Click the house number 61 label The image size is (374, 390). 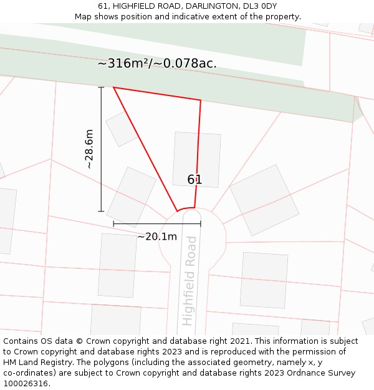coord(194,180)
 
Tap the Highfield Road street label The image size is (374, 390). coord(189,281)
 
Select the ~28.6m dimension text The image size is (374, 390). coord(89,149)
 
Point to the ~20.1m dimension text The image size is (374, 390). coord(157,236)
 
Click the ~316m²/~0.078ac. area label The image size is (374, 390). coord(157,64)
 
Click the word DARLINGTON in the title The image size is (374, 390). coord(209,6)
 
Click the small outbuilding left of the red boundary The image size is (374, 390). coord(121,129)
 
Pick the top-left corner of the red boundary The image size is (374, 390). coord(113,87)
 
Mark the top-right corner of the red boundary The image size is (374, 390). coord(201,100)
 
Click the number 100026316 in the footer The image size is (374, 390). coord(27,384)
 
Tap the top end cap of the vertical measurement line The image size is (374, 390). coord(101,87)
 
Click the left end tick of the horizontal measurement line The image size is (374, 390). coord(113,223)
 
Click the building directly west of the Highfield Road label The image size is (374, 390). coord(117,265)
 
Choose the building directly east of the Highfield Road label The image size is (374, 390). coord(264,280)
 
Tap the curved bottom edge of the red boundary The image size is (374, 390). coord(186,209)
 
